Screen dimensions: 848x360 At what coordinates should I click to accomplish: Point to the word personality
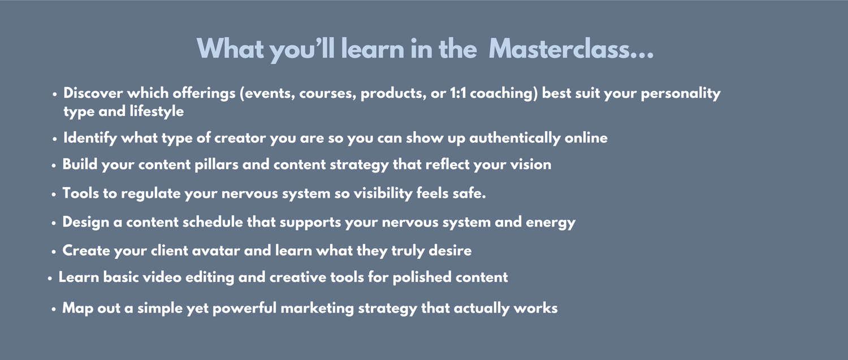(x=680, y=94)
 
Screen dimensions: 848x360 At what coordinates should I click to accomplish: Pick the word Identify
(x=90, y=138)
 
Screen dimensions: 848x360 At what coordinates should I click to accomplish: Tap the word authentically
(x=515, y=138)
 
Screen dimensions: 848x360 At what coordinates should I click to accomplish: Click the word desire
(x=450, y=250)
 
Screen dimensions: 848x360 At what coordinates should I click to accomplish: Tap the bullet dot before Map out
(x=54, y=309)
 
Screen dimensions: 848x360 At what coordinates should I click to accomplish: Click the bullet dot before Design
(x=54, y=223)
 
